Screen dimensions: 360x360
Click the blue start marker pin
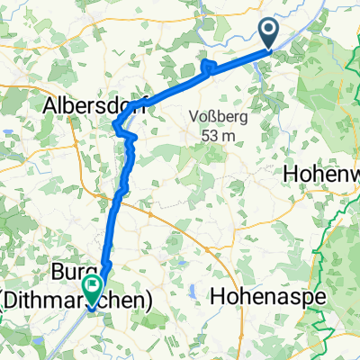271,34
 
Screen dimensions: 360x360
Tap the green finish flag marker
93,287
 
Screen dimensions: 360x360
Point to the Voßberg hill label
219,116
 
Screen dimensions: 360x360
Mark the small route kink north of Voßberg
208,67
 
